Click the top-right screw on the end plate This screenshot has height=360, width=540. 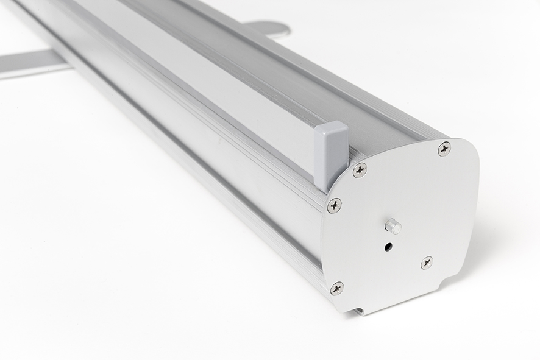coord(444,149)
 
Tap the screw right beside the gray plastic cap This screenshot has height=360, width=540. coord(360,170)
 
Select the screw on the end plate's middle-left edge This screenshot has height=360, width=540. coord(334,205)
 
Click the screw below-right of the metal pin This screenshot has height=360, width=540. coord(427,263)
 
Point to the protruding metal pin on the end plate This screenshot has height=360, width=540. coord(393,227)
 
